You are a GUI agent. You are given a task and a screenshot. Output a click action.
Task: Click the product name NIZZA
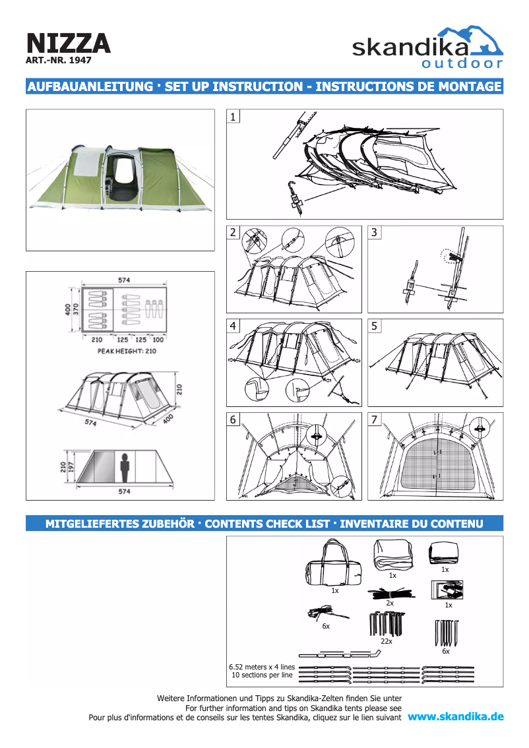tap(68, 43)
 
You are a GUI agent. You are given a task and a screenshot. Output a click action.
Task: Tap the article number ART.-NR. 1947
tap(58, 60)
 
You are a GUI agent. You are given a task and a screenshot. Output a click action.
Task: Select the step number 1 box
tap(233, 117)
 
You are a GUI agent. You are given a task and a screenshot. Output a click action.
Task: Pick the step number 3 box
tap(375, 233)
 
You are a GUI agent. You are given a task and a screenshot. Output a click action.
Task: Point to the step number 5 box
tap(375, 326)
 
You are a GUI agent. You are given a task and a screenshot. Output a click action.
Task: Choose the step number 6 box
tap(233, 420)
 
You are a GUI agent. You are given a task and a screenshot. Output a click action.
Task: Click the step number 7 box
tap(375, 420)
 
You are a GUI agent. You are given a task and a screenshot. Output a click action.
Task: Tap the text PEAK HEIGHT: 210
tap(127, 351)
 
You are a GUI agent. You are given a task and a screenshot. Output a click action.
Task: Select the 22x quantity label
tap(387, 640)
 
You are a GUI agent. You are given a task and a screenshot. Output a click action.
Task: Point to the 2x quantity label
tap(390, 603)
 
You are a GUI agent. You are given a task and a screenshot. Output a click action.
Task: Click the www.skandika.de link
tap(456, 716)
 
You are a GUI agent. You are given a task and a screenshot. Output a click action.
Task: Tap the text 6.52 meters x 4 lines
tap(262, 667)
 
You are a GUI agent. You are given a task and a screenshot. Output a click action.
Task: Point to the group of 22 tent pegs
tap(386, 623)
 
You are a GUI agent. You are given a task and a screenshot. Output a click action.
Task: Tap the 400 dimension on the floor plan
tap(67, 309)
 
